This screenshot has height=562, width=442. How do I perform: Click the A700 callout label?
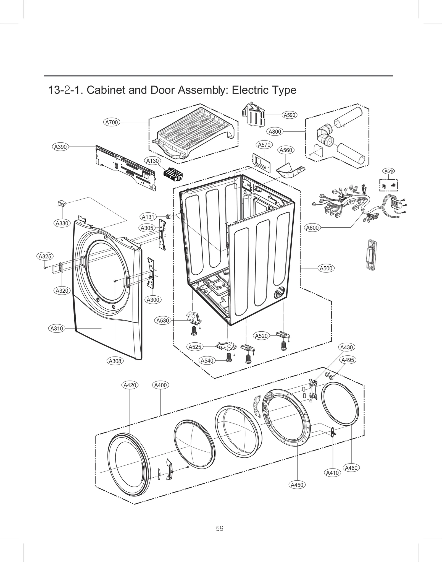[112, 122]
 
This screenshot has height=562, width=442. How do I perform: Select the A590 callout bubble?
[290, 115]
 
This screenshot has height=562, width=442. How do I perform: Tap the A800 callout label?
[275, 132]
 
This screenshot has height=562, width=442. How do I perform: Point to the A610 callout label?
[389, 171]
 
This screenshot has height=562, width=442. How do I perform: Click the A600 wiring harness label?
[312, 228]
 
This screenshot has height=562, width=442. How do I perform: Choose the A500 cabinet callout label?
[326, 268]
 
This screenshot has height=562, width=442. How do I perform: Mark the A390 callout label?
[60, 147]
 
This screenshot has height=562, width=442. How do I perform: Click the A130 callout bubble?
[152, 161]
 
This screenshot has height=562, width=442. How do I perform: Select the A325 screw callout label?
[45, 256]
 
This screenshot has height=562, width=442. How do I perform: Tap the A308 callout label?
[115, 361]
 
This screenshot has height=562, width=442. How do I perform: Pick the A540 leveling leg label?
[207, 361]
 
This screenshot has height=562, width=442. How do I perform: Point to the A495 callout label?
[348, 360]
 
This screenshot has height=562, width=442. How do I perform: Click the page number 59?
[220, 529]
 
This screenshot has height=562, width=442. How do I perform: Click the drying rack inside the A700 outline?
[193, 130]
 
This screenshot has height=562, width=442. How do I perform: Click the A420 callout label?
[130, 385]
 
